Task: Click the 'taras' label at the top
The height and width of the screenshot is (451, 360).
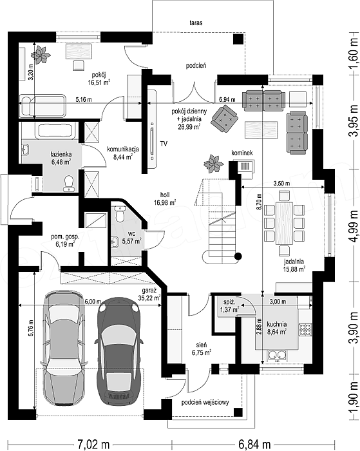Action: (x=196, y=23)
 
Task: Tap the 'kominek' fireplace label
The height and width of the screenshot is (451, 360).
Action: (x=242, y=153)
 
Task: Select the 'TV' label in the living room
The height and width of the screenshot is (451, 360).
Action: (x=164, y=143)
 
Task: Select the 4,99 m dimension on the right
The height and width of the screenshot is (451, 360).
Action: (x=354, y=226)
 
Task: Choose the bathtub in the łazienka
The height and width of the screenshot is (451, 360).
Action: (x=57, y=131)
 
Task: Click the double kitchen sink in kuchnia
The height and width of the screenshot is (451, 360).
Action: (x=277, y=356)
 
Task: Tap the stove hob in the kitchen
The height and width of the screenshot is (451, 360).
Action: (x=305, y=330)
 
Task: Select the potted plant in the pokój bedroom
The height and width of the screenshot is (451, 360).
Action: (x=41, y=54)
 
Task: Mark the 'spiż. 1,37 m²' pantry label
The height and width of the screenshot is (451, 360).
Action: (x=231, y=306)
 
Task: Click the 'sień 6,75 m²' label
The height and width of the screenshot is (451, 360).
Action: (x=202, y=349)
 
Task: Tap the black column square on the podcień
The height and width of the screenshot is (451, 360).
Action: (x=238, y=39)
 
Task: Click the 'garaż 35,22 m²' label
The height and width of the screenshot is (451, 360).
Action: (x=149, y=294)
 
